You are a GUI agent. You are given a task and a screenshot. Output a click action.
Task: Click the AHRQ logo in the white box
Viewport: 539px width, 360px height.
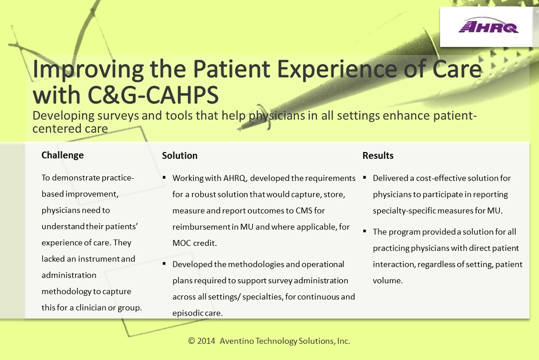pos(489,26)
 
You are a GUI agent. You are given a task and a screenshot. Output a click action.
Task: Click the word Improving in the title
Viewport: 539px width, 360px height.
pos(88,70)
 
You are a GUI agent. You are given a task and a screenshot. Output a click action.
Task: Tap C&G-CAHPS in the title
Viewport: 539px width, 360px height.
pos(153,94)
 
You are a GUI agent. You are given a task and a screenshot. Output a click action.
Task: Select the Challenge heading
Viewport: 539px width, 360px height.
pos(63,156)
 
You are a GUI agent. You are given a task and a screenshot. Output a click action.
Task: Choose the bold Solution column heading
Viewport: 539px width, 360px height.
pos(180,156)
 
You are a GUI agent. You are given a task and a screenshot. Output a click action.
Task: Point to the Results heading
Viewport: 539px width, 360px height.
pos(378,156)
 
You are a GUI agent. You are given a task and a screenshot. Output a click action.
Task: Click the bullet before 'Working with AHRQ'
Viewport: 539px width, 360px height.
pos(165,177)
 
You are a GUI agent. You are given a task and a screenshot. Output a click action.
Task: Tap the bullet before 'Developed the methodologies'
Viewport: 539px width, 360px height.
pos(165,264)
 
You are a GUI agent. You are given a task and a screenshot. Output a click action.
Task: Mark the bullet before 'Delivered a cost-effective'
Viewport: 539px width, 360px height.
pos(364,177)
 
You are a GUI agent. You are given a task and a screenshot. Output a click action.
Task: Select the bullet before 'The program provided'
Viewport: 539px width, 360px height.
pos(364,231)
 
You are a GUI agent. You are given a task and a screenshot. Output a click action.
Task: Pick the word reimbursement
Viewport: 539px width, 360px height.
pos(201,227)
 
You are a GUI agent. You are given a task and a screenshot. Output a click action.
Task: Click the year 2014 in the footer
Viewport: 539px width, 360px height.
pos(206,341)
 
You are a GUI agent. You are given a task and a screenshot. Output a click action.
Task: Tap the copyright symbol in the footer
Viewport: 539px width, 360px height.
pos(191,341)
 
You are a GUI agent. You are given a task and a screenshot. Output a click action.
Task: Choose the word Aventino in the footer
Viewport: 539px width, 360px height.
pos(237,341)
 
